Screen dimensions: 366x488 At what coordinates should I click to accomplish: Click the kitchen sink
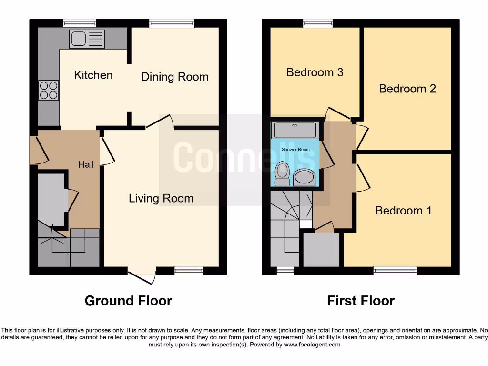click(x=87, y=39)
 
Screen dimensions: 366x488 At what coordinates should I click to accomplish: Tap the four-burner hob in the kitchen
click(x=48, y=90)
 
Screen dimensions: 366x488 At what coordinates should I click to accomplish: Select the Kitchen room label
click(x=93, y=75)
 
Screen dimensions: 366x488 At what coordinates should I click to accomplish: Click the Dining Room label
click(x=175, y=77)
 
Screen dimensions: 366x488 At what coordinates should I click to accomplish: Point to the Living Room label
click(x=161, y=198)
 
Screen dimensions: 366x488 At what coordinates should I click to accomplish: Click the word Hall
click(x=86, y=165)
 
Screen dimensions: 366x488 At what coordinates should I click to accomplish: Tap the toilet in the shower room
click(x=283, y=173)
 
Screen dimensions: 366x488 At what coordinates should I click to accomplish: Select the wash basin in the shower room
click(x=305, y=177)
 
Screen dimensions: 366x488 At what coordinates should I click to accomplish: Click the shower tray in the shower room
click(x=294, y=130)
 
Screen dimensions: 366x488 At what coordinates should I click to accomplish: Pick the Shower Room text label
click(x=295, y=150)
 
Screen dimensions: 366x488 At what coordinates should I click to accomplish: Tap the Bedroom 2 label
click(x=407, y=89)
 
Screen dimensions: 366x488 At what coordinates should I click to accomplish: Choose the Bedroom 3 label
click(x=315, y=72)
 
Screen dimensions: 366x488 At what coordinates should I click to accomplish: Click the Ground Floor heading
click(x=128, y=301)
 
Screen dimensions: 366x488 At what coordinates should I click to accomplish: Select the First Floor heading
click(x=361, y=301)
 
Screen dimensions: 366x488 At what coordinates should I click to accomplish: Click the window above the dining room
click(x=172, y=23)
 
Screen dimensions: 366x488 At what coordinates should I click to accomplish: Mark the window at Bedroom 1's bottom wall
click(x=395, y=271)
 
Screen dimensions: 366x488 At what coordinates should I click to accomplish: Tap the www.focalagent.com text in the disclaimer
click(x=312, y=345)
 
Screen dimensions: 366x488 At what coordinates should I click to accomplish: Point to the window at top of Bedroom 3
click(x=318, y=23)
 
